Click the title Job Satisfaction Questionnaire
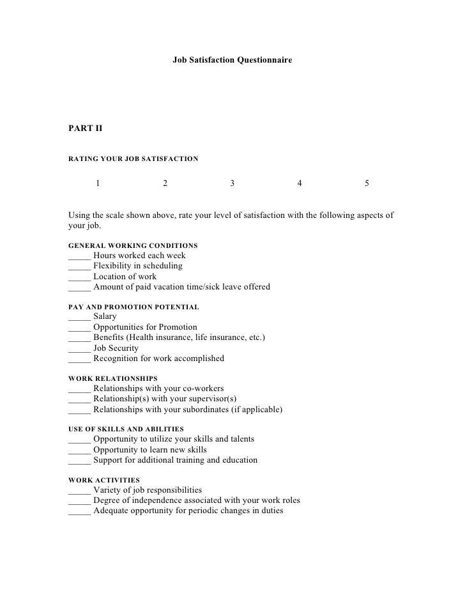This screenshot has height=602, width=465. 232,60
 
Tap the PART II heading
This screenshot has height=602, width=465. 85,128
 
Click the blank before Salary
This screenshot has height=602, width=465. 79,317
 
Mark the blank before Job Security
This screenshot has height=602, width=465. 79,349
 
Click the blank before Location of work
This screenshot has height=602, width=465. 79,277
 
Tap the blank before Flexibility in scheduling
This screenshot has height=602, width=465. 79,266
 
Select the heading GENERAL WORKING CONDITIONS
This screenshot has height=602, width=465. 132,245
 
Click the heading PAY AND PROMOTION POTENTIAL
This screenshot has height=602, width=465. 133,307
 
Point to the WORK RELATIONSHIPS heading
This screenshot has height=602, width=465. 112,379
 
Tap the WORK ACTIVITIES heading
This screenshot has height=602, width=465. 103,480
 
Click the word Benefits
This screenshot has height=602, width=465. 109,337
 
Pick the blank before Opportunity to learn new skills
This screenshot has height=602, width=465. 79,450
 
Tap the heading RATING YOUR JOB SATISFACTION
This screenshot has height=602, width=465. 133,157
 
